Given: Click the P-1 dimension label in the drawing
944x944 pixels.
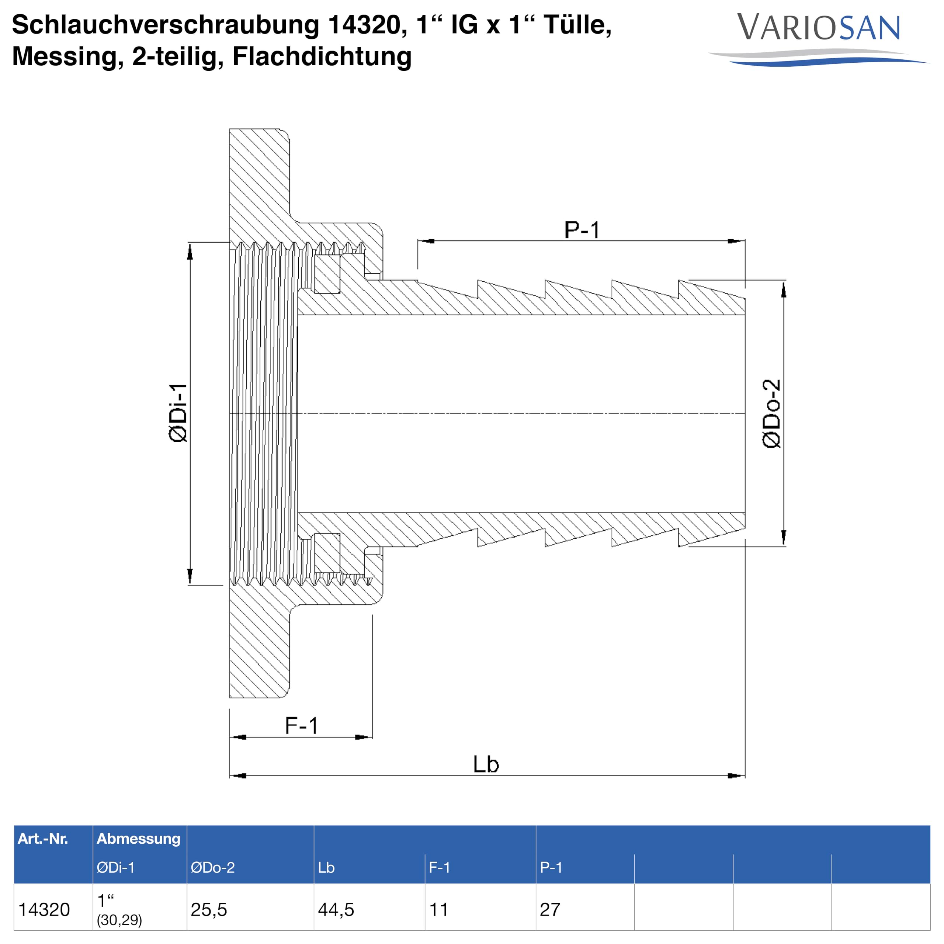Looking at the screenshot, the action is [x=582, y=230].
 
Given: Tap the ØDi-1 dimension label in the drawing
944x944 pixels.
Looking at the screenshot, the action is [x=178, y=413].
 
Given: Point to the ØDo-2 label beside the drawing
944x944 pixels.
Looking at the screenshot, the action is [x=771, y=413].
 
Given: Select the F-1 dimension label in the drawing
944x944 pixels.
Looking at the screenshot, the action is [x=302, y=726].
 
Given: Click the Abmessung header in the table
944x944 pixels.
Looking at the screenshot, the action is [x=138, y=839].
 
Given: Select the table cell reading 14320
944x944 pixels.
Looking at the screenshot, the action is [x=44, y=909].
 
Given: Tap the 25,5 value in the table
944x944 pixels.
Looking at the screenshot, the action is [x=209, y=910].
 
